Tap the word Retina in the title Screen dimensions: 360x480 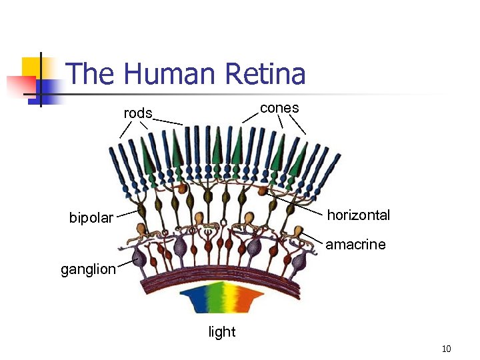[265, 73]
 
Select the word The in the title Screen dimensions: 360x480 [90, 73]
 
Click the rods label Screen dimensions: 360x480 [138, 113]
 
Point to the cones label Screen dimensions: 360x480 [279, 108]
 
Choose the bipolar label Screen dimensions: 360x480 [91, 218]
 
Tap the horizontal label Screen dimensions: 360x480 [358, 215]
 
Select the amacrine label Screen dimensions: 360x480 [355, 245]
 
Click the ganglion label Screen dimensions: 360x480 [88, 270]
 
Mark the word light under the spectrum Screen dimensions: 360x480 [222, 332]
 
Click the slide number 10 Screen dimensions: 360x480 [447, 349]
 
